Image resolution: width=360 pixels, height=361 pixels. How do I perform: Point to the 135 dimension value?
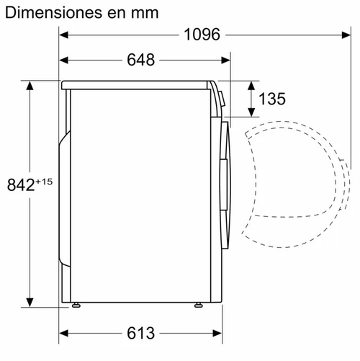pyautogui.click(x=271, y=99)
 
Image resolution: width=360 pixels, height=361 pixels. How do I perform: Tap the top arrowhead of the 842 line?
pyautogui.click(x=30, y=84)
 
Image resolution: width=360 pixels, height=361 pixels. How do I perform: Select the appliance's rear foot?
pyautogui.click(x=75, y=306)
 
